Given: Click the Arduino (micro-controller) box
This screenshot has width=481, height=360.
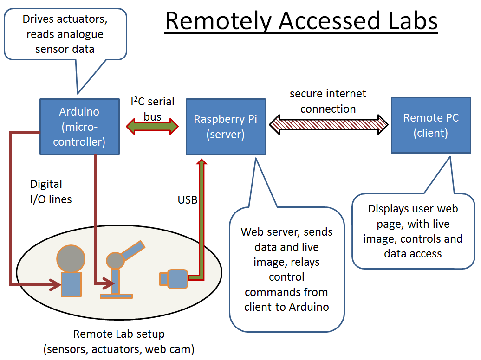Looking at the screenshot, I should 79,126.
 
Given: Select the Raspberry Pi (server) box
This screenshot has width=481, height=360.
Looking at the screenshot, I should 226,126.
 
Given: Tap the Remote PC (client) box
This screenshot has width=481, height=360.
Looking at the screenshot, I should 430,125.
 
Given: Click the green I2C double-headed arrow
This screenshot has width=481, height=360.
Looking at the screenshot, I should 152,125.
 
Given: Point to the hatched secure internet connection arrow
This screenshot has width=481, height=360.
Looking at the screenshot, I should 328,125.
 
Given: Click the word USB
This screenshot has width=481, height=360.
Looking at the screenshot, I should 188,200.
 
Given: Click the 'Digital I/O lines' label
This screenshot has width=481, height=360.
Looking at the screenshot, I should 51,192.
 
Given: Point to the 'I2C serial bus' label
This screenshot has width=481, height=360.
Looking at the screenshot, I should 152,108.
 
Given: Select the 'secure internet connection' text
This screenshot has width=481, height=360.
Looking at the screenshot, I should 328,101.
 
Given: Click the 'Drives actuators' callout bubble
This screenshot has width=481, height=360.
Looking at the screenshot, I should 65,34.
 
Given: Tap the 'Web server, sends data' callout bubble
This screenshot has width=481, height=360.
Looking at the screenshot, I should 286,269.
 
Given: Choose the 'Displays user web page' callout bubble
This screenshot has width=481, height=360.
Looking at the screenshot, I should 413,231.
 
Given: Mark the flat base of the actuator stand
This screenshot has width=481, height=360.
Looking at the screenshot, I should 116,295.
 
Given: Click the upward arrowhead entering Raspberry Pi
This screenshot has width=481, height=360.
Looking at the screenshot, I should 201,162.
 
